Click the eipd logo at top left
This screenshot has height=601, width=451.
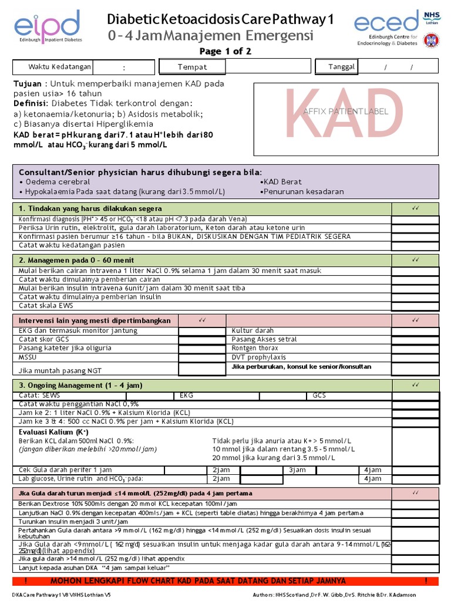point(47,28)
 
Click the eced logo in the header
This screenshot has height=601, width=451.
point(386,23)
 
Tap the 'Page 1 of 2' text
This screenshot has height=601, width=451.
point(225,52)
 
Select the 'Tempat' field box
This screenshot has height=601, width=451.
point(192,67)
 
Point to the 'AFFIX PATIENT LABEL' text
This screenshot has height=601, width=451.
point(346,111)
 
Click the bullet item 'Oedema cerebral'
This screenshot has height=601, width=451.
point(51,182)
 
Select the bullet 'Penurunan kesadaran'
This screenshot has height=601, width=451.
point(303,192)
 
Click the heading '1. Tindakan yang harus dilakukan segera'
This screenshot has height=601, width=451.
point(90,209)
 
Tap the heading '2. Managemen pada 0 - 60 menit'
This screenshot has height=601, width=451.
point(76,260)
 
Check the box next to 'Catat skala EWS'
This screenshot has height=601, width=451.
point(415,306)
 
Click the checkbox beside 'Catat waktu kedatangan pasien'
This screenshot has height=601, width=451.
point(415,245)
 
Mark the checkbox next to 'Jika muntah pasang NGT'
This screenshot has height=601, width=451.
point(201,370)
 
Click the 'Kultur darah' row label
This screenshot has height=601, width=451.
point(253,331)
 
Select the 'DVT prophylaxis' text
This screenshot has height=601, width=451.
point(259,357)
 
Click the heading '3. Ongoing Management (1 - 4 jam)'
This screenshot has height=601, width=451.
point(80,385)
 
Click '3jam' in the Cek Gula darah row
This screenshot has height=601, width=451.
point(297,470)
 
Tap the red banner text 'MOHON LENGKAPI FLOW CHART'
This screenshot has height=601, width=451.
point(198,580)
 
